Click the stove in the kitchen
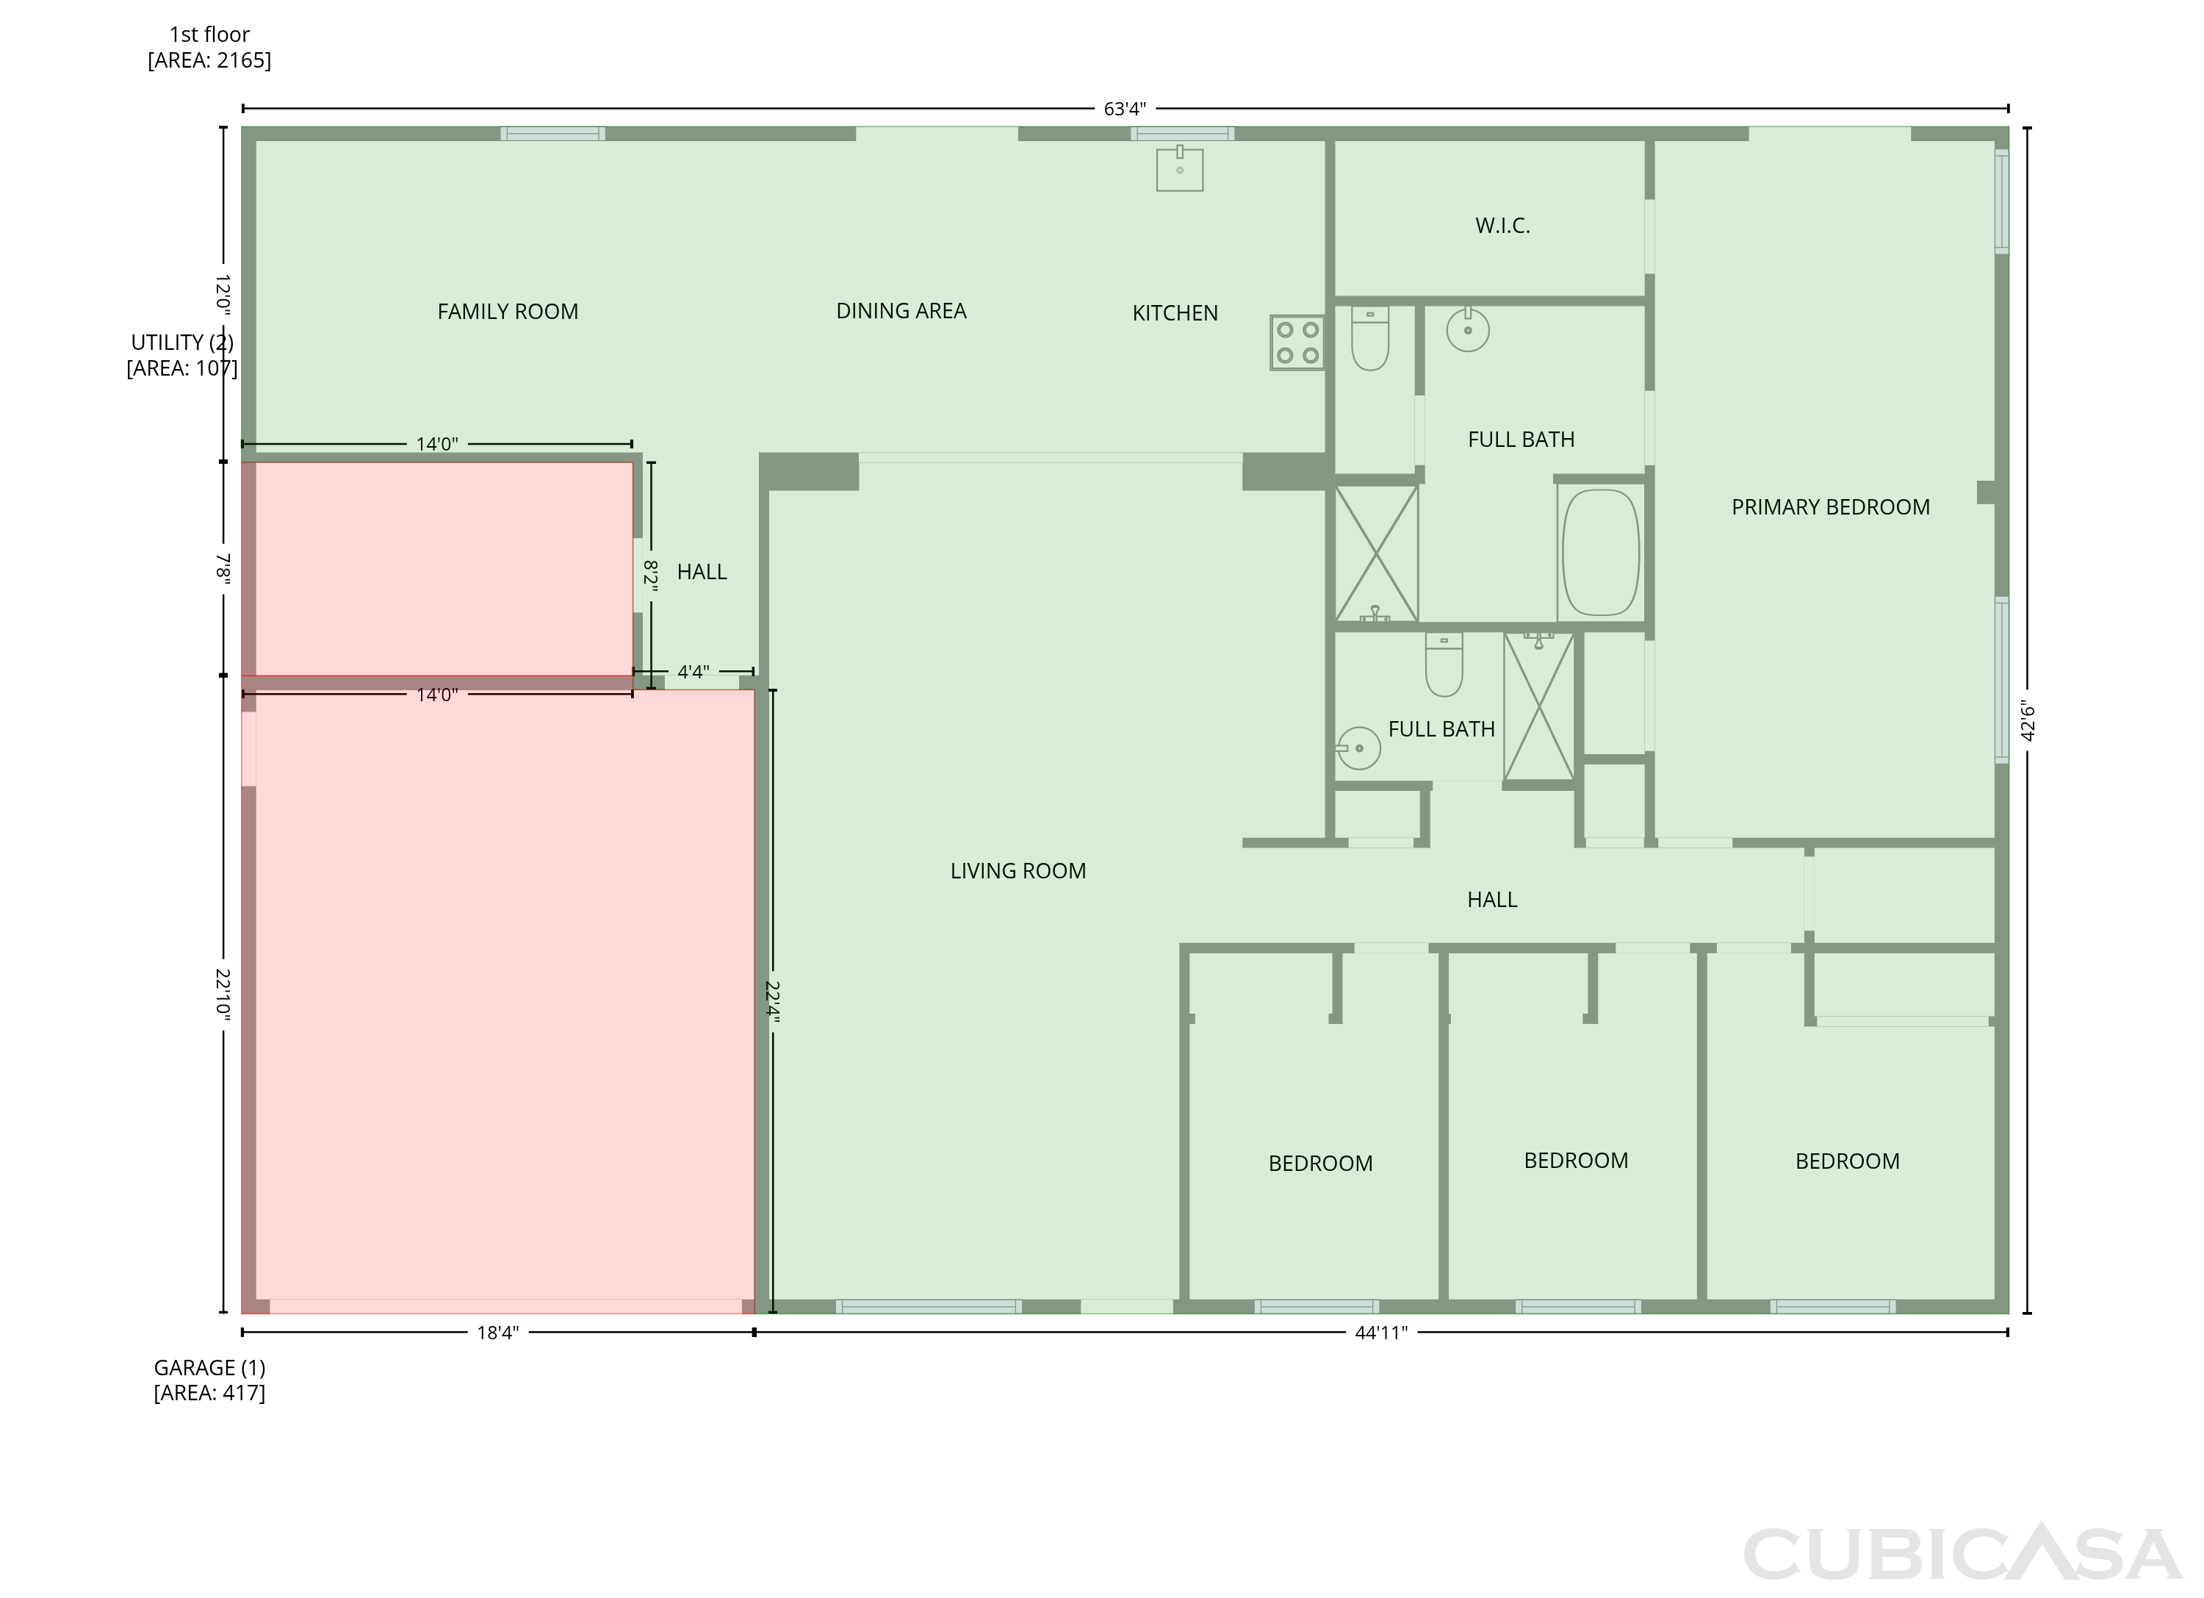(1297, 342)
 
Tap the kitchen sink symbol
(1180, 168)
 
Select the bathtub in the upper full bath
(1601, 552)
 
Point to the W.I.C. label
(1502, 226)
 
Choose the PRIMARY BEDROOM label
(1831, 507)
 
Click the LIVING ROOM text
(1018, 871)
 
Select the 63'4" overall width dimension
(1126, 109)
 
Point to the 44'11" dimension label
(1381, 1333)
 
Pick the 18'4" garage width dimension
(497, 1333)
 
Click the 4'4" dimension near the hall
(693, 672)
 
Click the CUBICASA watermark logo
(1963, 1554)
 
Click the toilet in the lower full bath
(1444, 665)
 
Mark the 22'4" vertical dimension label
(773, 1001)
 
